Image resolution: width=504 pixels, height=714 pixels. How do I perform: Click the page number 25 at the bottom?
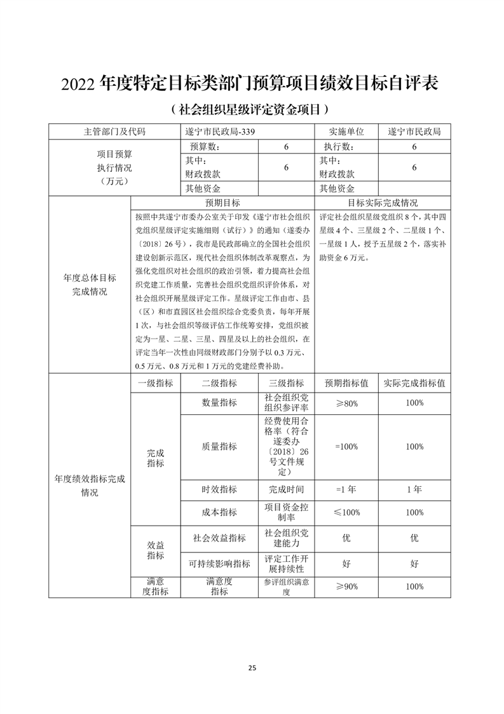click(x=252, y=668)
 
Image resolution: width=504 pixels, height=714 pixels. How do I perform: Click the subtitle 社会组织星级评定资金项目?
click(x=252, y=109)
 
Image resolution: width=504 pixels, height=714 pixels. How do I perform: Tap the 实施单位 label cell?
click(x=346, y=132)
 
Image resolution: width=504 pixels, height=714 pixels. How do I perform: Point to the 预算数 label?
click(x=203, y=147)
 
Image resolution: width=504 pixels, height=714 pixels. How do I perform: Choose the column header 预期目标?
click(x=222, y=203)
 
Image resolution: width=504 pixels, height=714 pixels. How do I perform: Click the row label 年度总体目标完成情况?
click(x=90, y=284)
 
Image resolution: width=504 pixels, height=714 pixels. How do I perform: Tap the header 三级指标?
click(x=286, y=383)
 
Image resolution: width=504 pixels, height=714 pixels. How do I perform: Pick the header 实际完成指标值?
click(x=414, y=383)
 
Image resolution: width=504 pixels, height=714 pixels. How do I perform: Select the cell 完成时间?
click(x=286, y=489)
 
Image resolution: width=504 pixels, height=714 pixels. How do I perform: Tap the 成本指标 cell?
click(x=219, y=512)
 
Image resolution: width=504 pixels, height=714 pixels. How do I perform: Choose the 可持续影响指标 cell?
click(x=219, y=563)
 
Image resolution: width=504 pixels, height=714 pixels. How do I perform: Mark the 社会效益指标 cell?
click(x=219, y=538)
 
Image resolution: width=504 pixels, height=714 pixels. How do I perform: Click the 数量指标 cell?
click(x=219, y=403)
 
